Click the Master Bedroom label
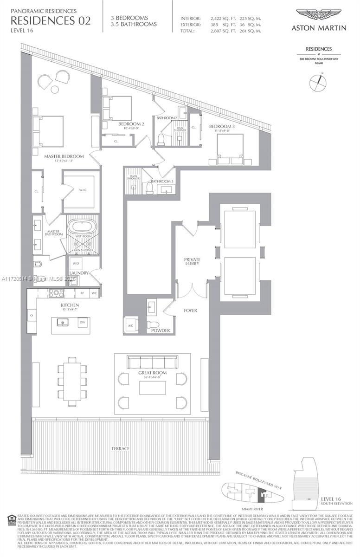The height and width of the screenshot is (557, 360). click(64, 156)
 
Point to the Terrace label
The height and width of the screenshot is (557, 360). click(120, 449)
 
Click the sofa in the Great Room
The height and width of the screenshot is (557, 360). click(153, 362)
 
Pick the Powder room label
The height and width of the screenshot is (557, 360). click(159, 330)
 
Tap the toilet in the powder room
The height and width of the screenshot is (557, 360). click(153, 324)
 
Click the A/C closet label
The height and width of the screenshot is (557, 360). click(131, 326)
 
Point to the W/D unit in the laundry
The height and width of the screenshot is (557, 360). click(76, 263)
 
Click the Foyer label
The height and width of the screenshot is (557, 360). click(191, 310)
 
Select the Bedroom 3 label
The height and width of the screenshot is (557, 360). click(219, 126)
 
